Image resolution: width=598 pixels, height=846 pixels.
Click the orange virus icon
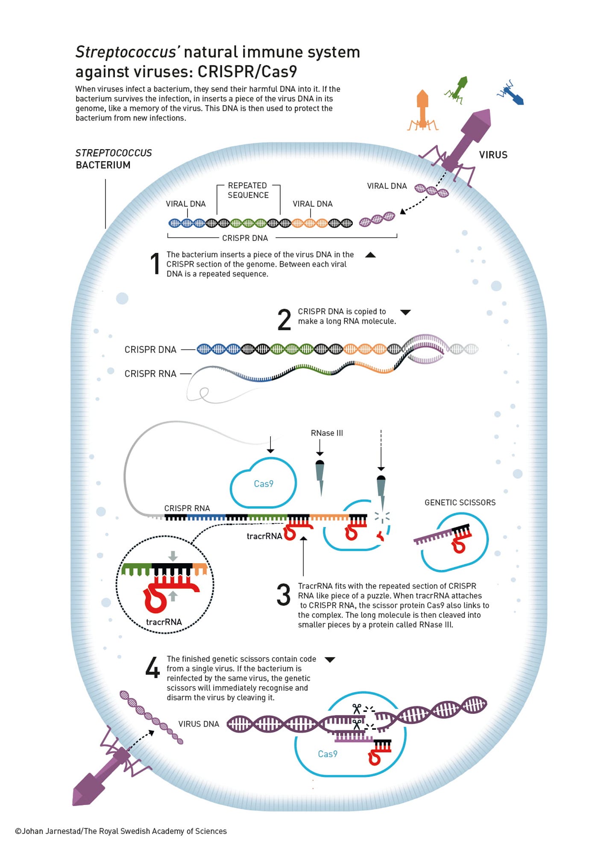[x=422, y=110]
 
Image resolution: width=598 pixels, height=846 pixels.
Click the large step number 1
[x=155, y=263]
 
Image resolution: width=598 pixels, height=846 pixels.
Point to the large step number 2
[x=284, y=320]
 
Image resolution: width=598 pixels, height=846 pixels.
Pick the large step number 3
[x=284, y=595]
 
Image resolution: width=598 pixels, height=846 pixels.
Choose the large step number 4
[x=152, y=668]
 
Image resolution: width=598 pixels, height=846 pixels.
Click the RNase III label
[x=327, y=433]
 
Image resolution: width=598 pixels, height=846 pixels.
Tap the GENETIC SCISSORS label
[x=460, y=502]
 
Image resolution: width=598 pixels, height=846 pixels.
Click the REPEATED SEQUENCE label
[x=248, y=190]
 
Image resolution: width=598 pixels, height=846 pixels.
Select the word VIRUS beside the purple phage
[x=493, y=155]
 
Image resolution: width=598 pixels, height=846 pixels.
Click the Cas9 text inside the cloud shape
[x=264, y=484]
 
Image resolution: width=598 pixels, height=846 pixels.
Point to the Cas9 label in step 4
[x=328, y=754]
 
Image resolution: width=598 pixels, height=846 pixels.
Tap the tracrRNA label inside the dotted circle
[x=164, y=622]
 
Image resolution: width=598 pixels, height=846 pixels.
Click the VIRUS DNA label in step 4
[x=199, y=724]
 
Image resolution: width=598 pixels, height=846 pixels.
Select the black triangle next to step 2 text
[x=405, y=312]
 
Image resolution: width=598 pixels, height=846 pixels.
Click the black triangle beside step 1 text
[x=370, y=255]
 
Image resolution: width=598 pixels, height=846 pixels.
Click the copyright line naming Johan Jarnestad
[x=121, y=831]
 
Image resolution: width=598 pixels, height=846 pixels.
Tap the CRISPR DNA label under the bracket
[x=245, y=238]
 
